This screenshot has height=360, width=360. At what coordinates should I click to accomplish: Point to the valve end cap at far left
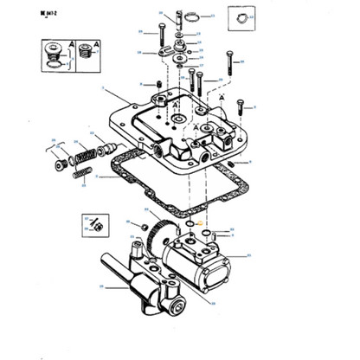[x=61, y=166]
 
